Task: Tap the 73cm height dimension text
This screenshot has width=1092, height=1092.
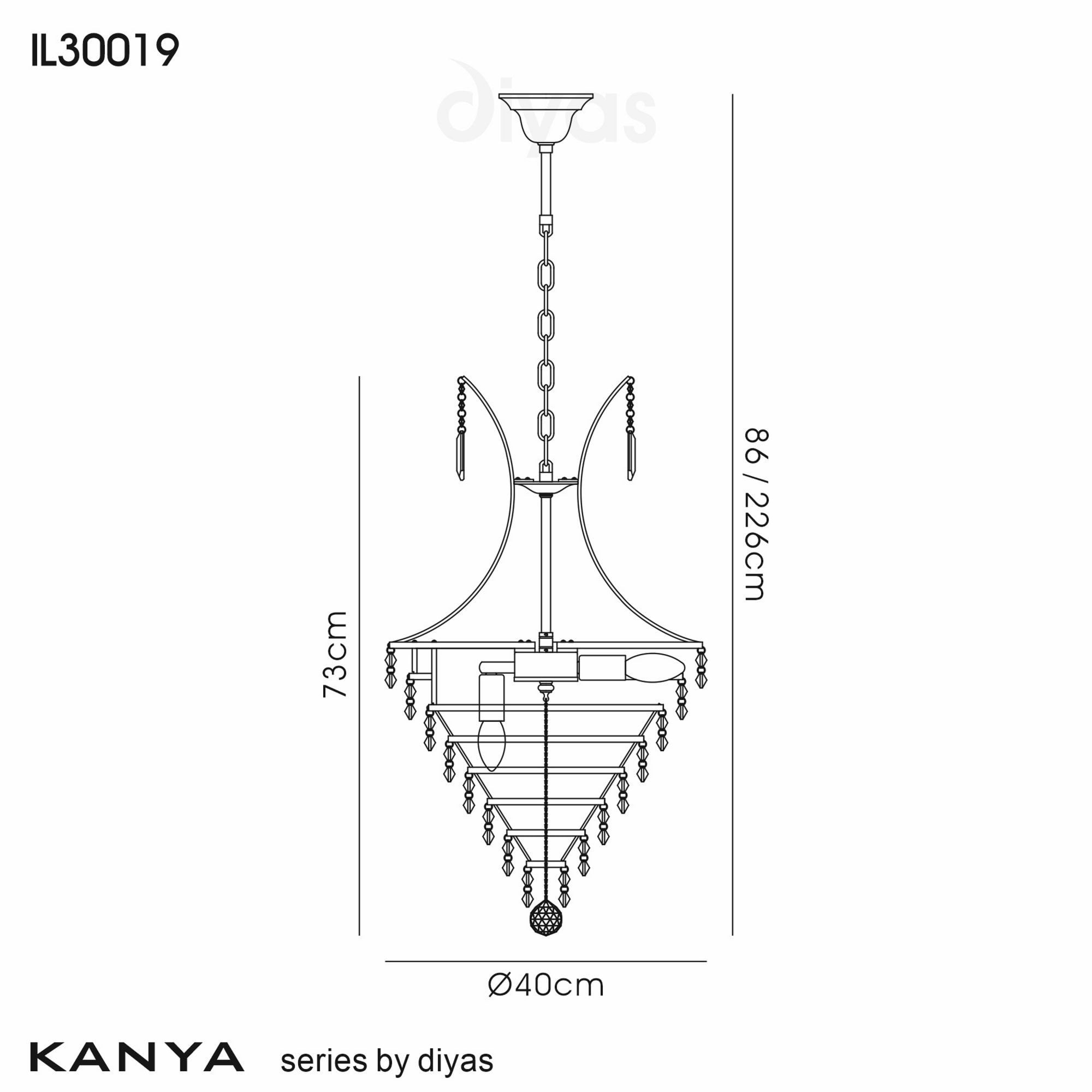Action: tap(335, 654)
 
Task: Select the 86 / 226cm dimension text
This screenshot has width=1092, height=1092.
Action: tap(755, 514)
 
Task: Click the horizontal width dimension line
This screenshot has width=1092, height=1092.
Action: tap(546, 962)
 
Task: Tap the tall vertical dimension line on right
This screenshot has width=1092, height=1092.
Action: tap(733, 509)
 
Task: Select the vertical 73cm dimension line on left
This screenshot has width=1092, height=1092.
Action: tap(359, 650)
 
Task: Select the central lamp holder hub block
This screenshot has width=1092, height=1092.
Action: tap(546, 668)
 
